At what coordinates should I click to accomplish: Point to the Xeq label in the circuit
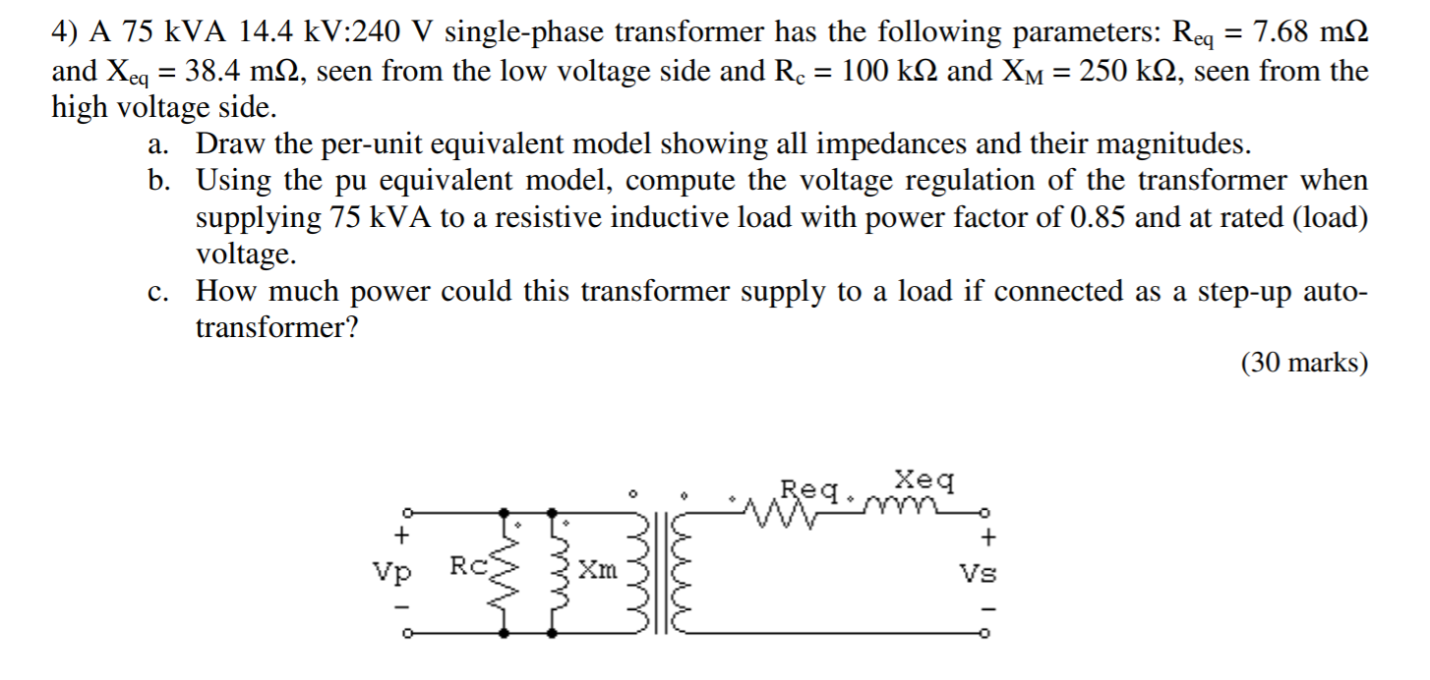point(924,482)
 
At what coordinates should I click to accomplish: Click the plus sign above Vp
point(400,536)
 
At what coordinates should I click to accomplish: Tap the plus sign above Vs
point(990,537)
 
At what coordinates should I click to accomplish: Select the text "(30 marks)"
point(1304,363)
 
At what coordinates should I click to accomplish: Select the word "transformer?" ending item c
point(275,327)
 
